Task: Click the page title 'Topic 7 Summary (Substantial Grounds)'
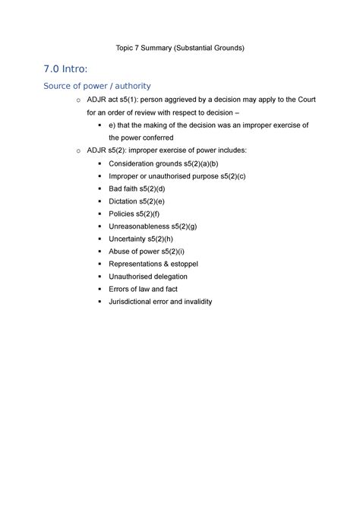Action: point(179,48)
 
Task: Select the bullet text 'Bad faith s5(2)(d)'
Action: point(137,188)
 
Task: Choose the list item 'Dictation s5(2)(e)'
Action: point(137,201)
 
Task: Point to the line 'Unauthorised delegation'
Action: point(148,277)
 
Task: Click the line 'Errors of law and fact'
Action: point(144,289)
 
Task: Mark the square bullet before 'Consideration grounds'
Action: point(100,163)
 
